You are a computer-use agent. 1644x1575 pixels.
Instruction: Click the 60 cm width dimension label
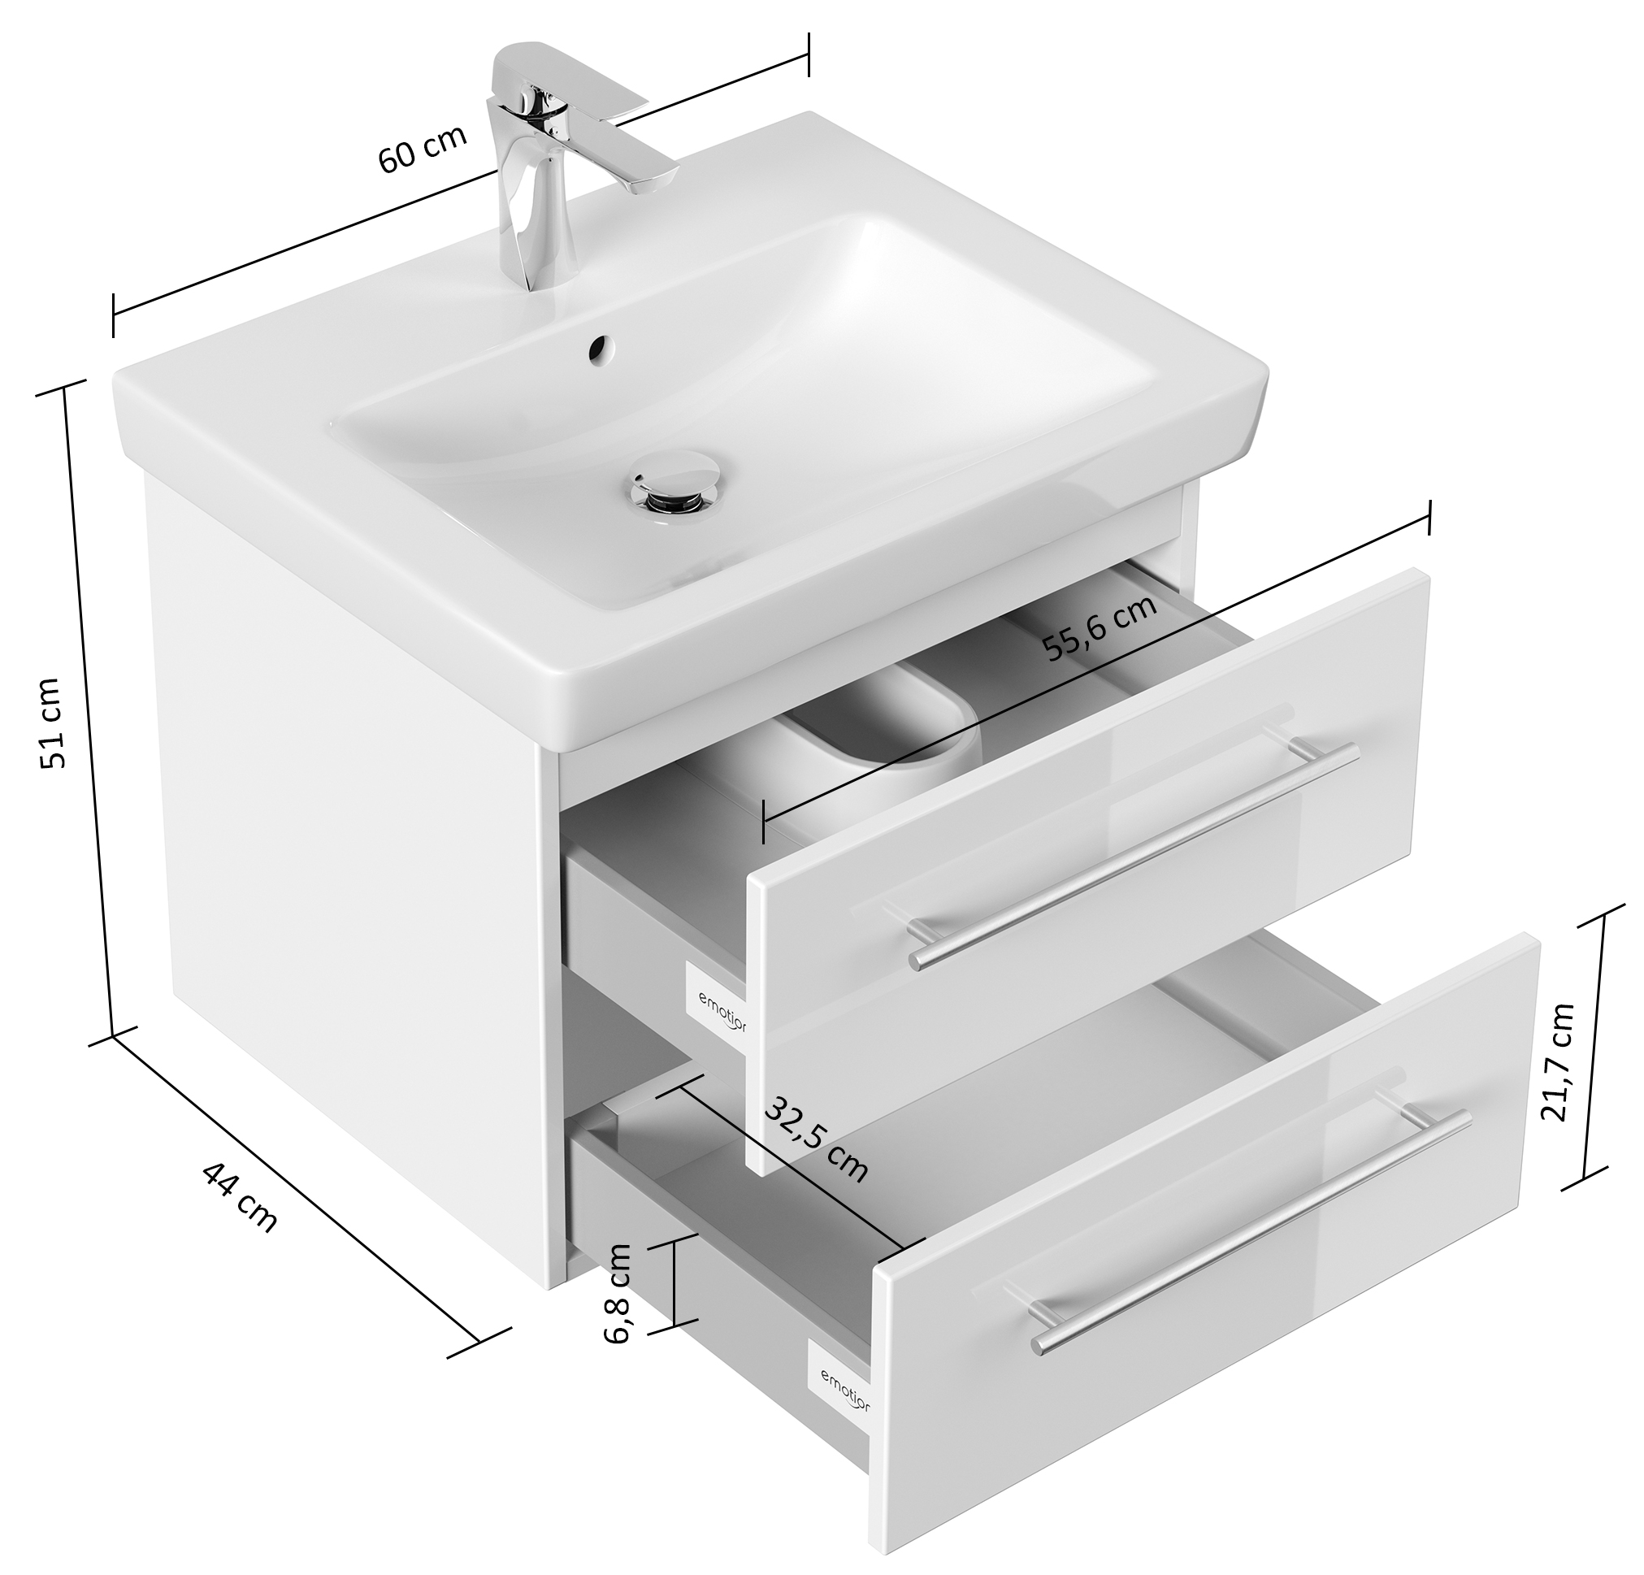(x=422, y=150)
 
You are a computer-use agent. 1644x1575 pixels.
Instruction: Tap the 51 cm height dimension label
(x=52, y=723)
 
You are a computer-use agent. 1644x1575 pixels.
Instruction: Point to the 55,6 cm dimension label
(x=1100, y=627)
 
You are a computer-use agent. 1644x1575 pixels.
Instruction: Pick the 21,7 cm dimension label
(x=1558, y=1062)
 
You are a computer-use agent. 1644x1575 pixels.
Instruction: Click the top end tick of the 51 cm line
(x=63, y=391)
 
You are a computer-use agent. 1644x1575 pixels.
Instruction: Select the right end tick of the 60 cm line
(x=808, y=54)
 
